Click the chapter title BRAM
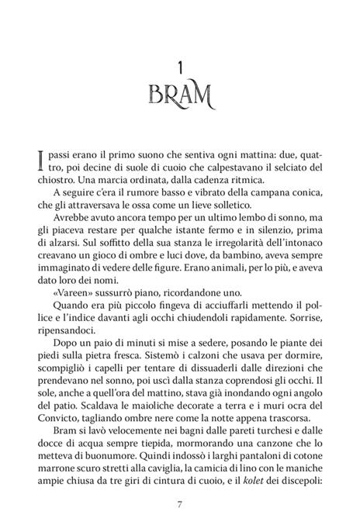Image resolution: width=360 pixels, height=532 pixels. click(179, 98)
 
